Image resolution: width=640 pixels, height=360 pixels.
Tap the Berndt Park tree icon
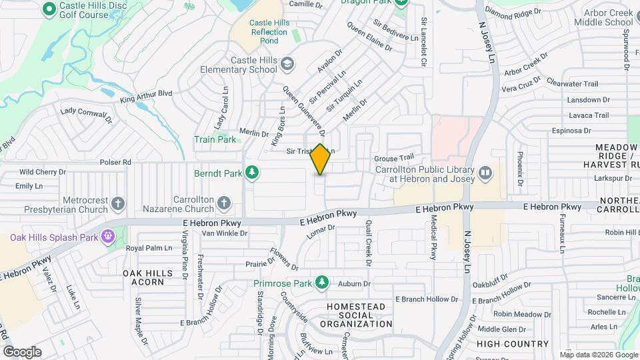tap(252, 173)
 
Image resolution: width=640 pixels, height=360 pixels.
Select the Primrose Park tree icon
tap(322, 283)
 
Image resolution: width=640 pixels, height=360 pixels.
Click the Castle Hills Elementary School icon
tap(287, 64)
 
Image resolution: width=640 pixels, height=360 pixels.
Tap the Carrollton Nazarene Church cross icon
tap(224, 203)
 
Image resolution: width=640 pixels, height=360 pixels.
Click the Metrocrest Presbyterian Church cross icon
tap(118, 203)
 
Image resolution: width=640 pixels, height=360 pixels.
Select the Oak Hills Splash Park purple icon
tap(107, 236)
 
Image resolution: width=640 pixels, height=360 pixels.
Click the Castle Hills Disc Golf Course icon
tap(48, 9)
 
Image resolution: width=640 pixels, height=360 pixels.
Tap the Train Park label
tap(215, 140)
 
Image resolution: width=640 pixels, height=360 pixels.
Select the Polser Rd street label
tap(115, 162)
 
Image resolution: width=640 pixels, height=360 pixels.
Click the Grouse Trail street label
tap(394, 158)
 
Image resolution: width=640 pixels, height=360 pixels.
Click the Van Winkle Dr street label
tap(225, 233)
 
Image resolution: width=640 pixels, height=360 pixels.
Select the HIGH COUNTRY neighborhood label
tap(513, 344)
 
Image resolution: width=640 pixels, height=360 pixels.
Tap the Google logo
tap(22, 351)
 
